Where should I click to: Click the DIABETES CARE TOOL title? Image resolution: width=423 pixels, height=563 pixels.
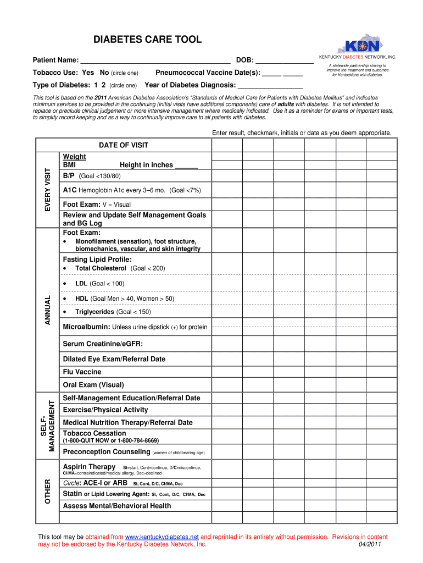coord(147,40)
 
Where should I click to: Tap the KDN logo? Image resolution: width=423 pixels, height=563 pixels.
coord(360,46)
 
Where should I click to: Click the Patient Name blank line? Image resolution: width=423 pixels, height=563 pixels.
coord(155,61)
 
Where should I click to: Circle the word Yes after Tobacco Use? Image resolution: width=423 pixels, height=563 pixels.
coord(88,73)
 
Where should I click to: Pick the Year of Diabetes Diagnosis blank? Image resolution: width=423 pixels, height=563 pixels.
coord(270,86)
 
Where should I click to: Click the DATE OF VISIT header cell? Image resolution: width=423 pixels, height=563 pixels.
coord(124,145)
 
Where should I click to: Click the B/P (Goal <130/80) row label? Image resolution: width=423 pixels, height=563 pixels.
coord(92,176)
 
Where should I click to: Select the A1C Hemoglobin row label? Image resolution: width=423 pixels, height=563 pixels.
coord(132,190)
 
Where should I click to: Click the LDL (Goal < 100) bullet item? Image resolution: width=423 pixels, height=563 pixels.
coord(99,283)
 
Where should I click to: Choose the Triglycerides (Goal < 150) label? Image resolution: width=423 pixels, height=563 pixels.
coord(113,312)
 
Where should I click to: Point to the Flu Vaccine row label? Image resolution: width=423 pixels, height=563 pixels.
coord(82,372)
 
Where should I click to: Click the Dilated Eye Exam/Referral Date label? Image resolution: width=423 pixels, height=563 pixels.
coord(114,359)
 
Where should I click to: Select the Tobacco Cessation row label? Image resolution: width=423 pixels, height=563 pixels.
coord(94,433)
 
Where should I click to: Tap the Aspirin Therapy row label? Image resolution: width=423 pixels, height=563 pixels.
coord(90,467)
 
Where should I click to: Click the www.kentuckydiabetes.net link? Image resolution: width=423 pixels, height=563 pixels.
coord(162,537)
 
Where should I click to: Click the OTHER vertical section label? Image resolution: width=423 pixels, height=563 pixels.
coord(47,492)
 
